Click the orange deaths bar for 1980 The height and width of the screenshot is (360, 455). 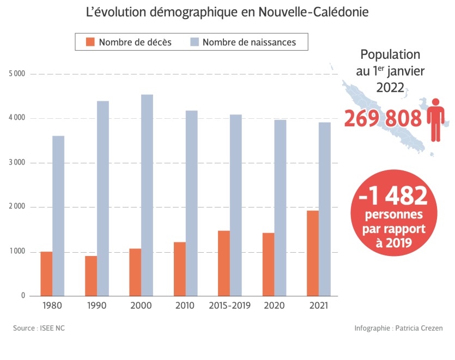[x=46, y=274]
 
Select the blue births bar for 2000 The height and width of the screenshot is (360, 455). [x=147, y=196]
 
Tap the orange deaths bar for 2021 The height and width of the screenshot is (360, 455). [x=313, y=253]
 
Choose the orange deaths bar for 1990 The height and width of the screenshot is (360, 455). [x=91, y=276]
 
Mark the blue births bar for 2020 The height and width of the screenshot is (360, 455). [x=280, y=208]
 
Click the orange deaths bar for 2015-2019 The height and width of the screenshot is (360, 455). [x=224, y=264]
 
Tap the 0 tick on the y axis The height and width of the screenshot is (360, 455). [x=23, y=296]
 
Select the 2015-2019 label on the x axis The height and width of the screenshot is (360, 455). [x=230, y=306]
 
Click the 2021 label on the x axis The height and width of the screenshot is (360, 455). [x=319, y=306]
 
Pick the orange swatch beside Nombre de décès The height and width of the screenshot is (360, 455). [x=90, y=42]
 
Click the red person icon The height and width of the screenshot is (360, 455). [x=436, y=119]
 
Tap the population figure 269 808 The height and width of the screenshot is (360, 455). [x=383, y=118]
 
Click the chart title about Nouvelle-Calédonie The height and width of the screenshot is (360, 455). [x=227, y=12]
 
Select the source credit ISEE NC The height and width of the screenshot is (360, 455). [x=35, y=328]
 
